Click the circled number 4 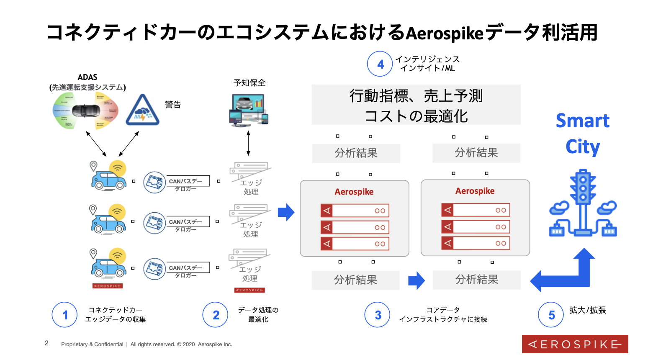point(380,64)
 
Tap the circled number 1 point(64,315)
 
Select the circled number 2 point(216,315)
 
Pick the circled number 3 point(378,315)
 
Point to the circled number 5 point(551,315)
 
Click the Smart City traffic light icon point(583,203)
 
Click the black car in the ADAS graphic point(86,111)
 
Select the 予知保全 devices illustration point(249,110)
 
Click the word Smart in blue point(582,121)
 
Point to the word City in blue point(582,147)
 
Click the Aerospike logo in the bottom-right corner point(575,344)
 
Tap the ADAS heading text point(87,77)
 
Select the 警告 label point(173,105)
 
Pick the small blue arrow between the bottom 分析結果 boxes point(416,280)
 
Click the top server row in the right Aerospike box point(476,210)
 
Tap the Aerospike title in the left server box point(354,192)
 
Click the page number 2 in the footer point(46,343)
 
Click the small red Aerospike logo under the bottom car point(108,286)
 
